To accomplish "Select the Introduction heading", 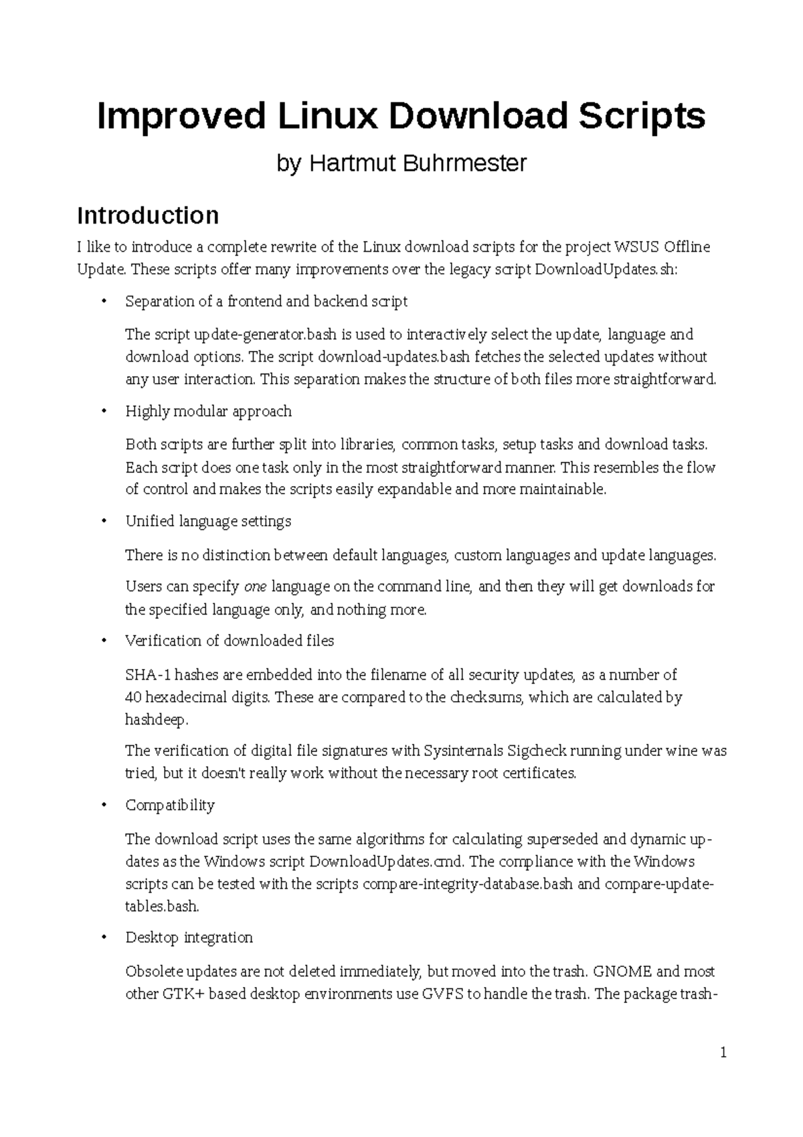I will tap(148, 216).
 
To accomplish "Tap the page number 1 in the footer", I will tap(723, 1053).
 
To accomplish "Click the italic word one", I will tap(256, 587).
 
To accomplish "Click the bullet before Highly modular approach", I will tap(103, 412).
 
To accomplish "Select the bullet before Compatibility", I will tap(103, 806).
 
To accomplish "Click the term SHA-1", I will tap(145, 675).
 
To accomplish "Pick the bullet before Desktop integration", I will tap(103, 938).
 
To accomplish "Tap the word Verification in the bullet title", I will tap(163, 641).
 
